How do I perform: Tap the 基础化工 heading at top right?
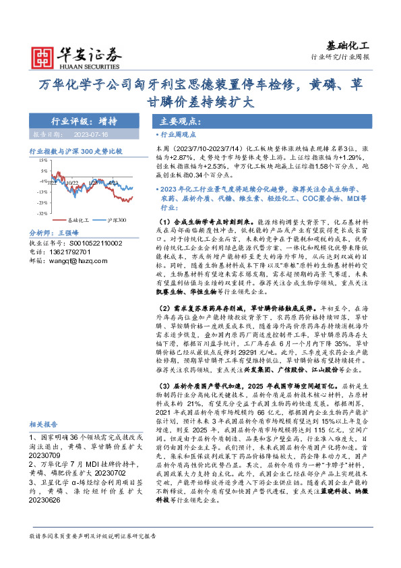(x=348, y=45)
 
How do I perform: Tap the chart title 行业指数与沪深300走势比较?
(x=75, y=152)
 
